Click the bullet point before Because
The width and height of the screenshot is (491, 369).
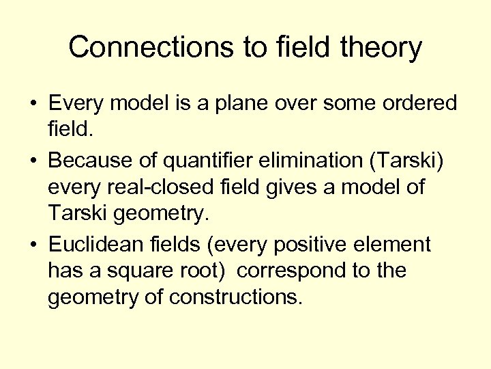tap(32, 160)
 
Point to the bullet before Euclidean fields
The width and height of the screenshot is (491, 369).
tap(32, 244)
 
